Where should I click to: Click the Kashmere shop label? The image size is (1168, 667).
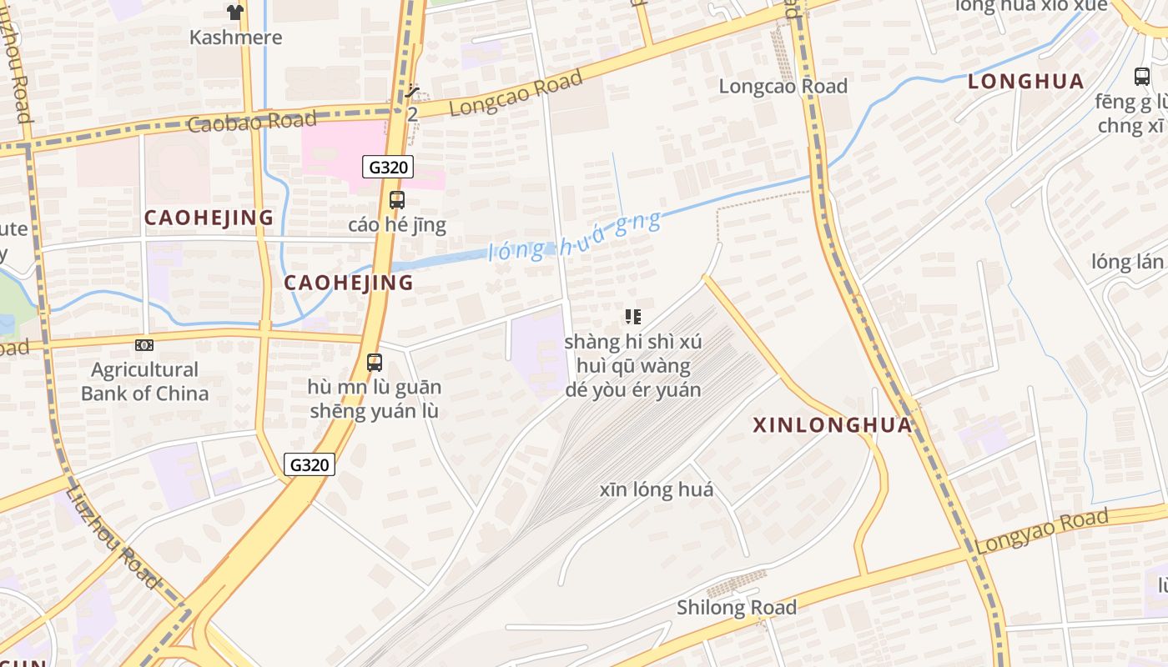[x=235, y=38]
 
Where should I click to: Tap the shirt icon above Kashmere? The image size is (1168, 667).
[x=235, y=12]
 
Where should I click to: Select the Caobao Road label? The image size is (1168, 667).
[x=252, y=122]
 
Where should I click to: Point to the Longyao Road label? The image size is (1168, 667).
[x=1042, y=530]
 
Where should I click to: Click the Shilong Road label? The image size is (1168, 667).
[x=737, y=608]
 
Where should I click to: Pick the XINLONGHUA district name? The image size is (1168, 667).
[x=833, y=425]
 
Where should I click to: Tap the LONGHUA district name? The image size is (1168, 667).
[x=1026, y=82]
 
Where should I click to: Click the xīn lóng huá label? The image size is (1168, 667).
[x=657, y=489]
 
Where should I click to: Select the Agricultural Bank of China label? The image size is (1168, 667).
[x=144, y=381]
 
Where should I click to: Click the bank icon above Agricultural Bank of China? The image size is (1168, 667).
[x=144, y=345]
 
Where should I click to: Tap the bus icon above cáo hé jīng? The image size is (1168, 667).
[x=397, y=200]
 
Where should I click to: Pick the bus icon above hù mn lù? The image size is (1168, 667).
[x=375, y=363]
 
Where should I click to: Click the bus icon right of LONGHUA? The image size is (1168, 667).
[x=1142, y=77]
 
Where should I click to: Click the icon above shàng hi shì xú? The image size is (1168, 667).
[x=633, y=317]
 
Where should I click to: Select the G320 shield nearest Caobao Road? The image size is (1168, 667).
[x=389, y=167]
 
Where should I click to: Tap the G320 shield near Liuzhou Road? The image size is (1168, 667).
[x=310, y=464]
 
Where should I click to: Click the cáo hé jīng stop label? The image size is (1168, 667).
[x=397, y=225]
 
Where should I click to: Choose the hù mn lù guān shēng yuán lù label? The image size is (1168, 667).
[x=375, y=399]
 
